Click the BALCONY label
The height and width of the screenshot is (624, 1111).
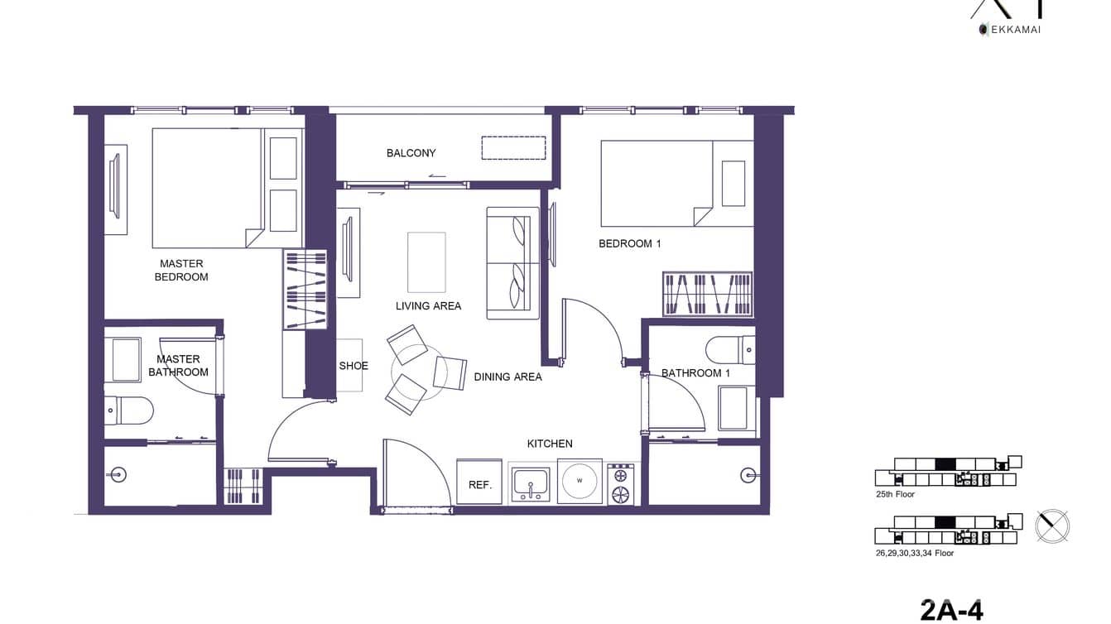pyautogui.click(x=411, y=153)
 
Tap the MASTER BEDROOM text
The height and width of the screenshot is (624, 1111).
pyautogui.click(x=181, y=271)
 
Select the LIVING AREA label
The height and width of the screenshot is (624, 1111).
pyautogui.click(x=428, y=306)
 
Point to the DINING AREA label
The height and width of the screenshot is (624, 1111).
pyautogui.click(x=507, y=377)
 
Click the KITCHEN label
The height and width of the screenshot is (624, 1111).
pyautogui.click(x=550, y=444)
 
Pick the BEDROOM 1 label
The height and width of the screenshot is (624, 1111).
pyautogui.click(x=629, y=244)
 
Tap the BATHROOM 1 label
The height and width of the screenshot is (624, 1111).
pyautogui.click(x=695, y=373)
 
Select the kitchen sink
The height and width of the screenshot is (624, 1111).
pyautogui.click(x=531, y=482)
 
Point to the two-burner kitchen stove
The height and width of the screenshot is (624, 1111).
pyautogui.click(x=620, y=484)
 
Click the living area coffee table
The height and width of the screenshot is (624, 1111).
pyautogui.click(x=426, y=262)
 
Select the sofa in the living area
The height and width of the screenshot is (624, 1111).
pyautogui.click(x=512, y=262)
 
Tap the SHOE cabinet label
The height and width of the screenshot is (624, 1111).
pyautogui.click(x=353, y=366)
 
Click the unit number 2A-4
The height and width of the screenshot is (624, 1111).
pyautogui.click(x=951, y=610)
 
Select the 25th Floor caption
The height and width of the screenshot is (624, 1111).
pyautogui.click(x=895, y=494)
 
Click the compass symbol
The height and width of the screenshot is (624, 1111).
pyautogui.click(x=1052, y=526)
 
